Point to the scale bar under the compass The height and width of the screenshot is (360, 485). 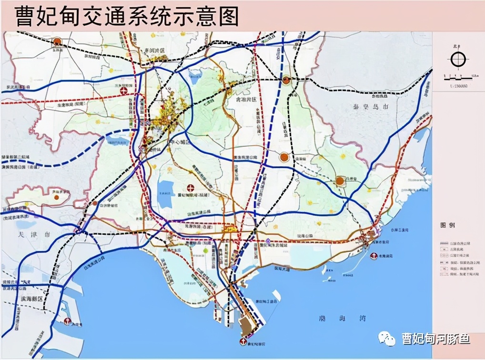pyautogui.click(x=458, y=77)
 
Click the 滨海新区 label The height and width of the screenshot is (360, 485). pyautogui.click(x=31, y=299)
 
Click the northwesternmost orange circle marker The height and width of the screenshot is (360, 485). pyautogui.click(x=57, y=41)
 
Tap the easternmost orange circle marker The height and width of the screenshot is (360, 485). pyautogui.click(x=340, y=181)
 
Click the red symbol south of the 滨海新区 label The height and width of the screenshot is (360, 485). pyautogui.click(x=67, y=321)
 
